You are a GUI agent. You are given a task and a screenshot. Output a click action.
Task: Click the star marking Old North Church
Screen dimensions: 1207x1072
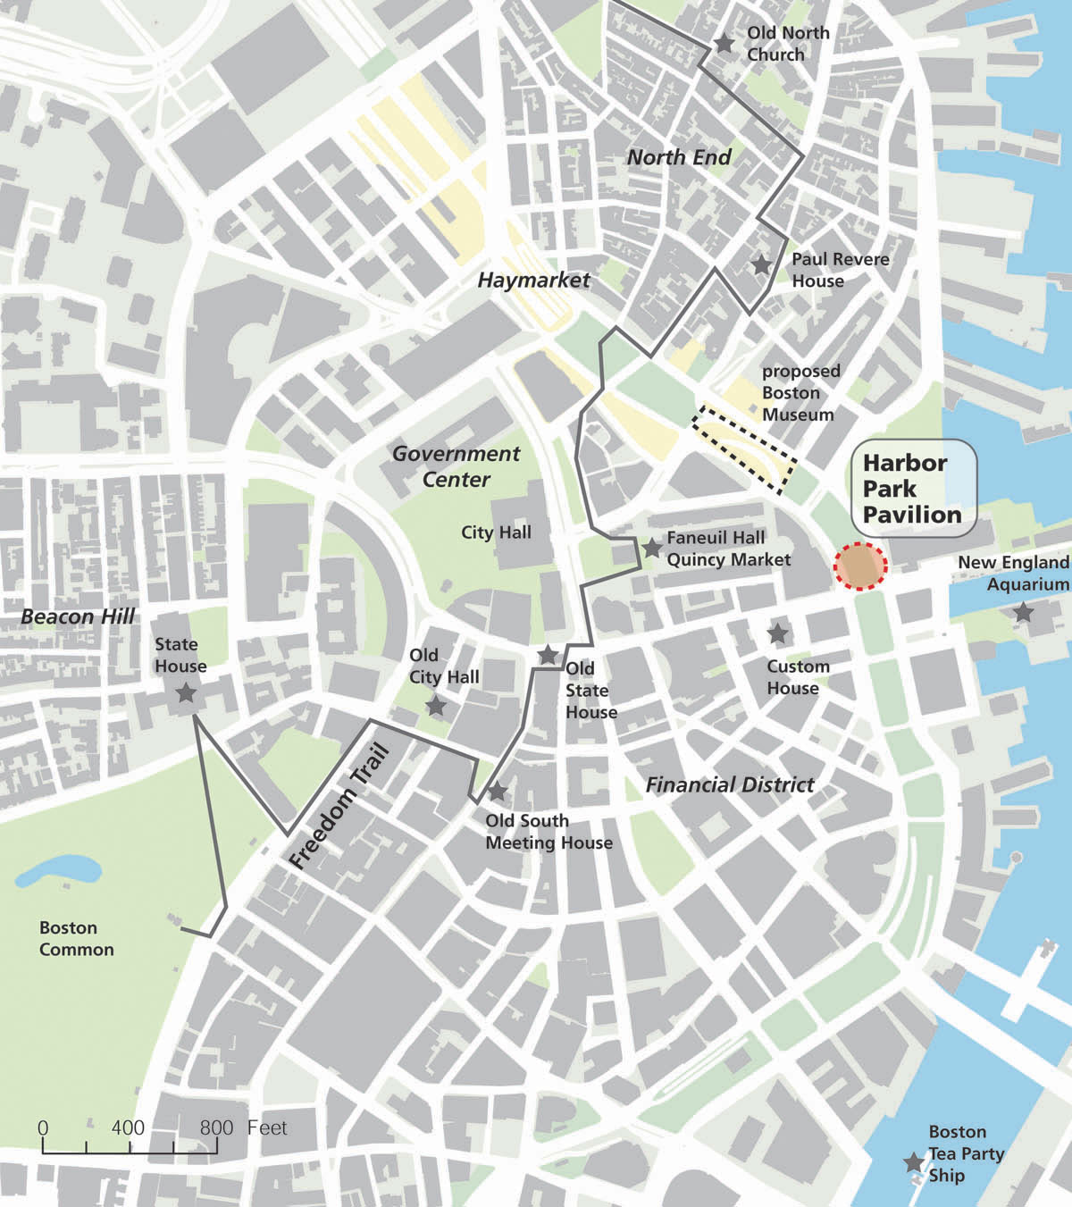pos(724,43)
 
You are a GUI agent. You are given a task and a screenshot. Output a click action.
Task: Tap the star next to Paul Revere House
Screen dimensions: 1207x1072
pos(761,265)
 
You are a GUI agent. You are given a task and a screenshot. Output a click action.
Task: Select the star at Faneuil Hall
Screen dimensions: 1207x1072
pos(652,548)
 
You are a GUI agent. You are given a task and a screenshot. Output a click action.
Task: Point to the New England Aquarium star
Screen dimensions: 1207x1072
pos(1023,613)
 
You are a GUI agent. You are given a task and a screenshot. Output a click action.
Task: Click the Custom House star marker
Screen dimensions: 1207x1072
pos(778,633)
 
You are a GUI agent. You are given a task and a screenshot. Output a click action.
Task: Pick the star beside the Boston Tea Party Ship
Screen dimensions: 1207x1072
pos(913,1162)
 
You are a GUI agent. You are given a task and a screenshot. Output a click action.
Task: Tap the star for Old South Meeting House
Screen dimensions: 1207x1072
pos(498,792)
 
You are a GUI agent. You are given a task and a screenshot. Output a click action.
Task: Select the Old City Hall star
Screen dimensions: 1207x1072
pos(435,707)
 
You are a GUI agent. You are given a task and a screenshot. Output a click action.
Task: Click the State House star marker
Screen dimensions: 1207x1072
pos(186,692)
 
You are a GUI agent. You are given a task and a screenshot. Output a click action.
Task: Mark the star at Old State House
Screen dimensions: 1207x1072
pos(548,655)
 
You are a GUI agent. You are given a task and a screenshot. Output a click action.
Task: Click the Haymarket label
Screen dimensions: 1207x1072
pos(533,281)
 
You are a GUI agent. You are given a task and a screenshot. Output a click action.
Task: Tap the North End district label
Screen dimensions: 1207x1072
pos(679,158)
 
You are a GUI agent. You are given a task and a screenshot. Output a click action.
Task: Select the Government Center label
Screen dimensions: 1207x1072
pos(456,466)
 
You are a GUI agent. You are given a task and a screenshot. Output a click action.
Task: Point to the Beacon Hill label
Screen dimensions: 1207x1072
pos(78,616)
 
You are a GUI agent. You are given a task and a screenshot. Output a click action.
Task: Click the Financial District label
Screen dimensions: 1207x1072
pos(730,785)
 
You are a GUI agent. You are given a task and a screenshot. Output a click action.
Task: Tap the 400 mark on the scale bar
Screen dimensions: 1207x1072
pos(129,1128)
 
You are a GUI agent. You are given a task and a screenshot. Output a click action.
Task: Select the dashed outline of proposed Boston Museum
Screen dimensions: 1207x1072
pos(743,448)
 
